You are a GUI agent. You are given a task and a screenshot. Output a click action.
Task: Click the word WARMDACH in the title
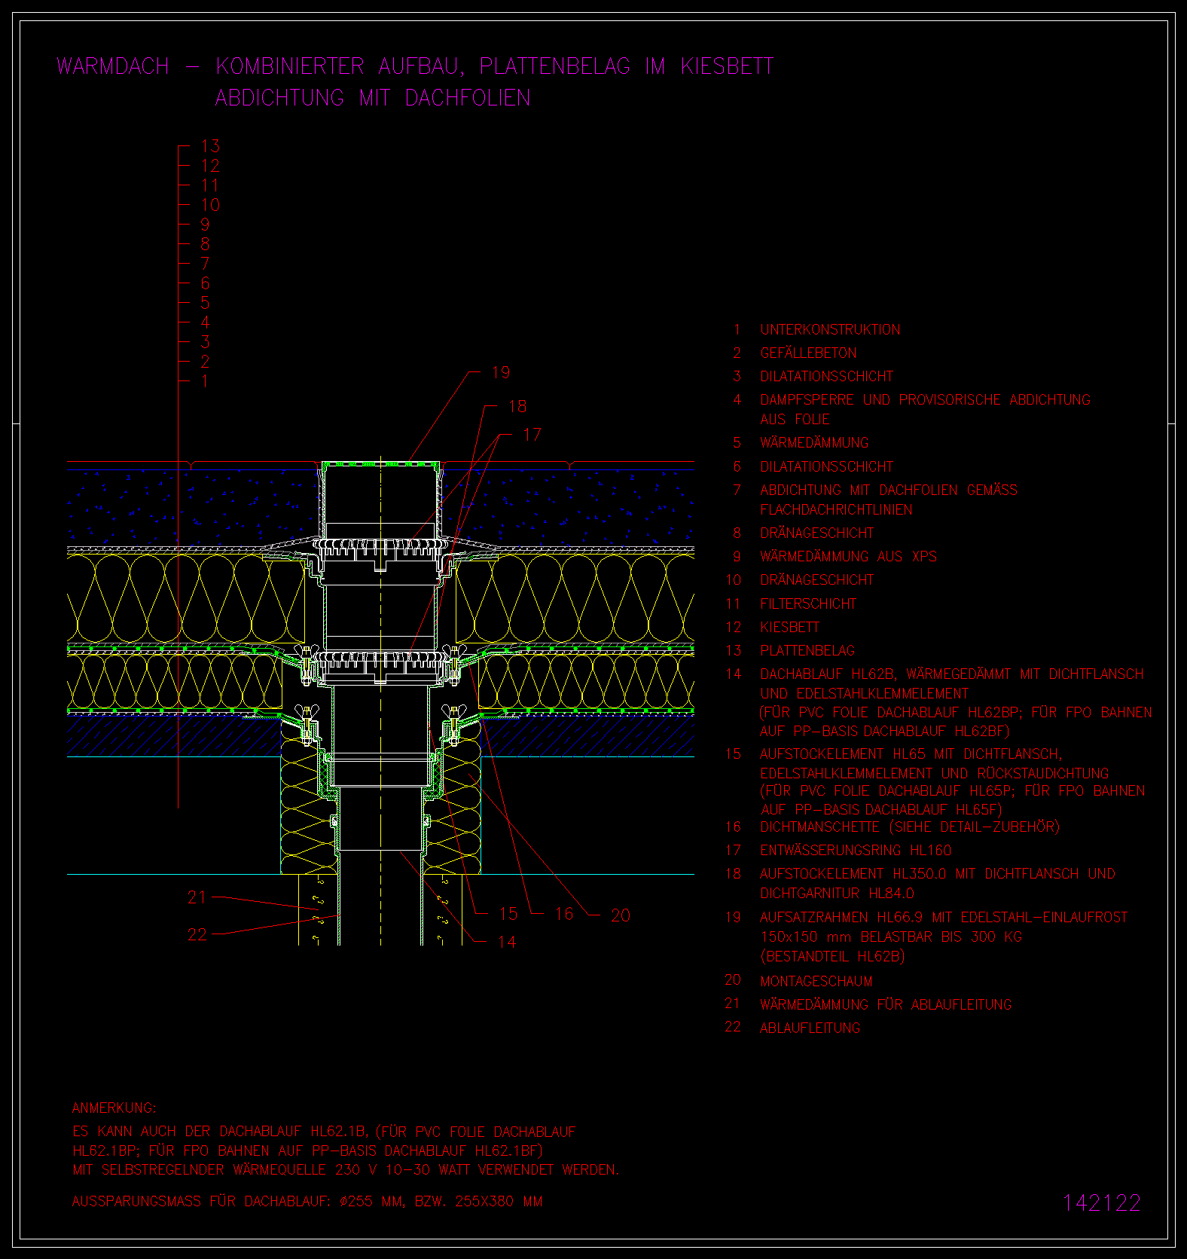point(113,66)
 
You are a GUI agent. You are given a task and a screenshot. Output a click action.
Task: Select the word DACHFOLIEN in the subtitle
point(468,98)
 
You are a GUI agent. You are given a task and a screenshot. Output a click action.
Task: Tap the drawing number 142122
point(1102,1202)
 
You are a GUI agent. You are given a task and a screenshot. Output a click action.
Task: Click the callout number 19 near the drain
point(501,372)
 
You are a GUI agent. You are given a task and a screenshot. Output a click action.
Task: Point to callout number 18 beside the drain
point(517,407)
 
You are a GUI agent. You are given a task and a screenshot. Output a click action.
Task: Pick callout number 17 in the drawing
point(532,435)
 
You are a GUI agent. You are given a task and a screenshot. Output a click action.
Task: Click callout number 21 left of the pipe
point(197,897)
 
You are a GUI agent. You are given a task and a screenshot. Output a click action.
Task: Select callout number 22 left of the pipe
point(197,934)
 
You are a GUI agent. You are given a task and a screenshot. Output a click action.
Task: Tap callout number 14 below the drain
point(507,942)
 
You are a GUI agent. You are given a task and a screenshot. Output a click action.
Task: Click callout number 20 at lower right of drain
point(620,915)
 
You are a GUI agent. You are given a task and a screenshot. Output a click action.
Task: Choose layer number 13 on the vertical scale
point(210,146)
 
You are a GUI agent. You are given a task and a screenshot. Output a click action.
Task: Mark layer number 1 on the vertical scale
point(205,381)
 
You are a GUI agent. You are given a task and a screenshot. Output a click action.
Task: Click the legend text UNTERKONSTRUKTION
point(830,329)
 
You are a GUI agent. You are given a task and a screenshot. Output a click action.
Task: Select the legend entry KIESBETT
point(789,627)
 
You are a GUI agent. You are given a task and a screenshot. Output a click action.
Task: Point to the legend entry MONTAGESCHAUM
point(816,981)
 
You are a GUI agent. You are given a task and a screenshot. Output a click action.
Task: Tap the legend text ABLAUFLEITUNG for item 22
point(810,1028)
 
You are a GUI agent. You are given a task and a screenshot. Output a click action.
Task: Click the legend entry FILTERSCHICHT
point(808,604)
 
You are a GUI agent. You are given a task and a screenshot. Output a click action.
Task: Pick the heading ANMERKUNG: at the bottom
point(114,1108)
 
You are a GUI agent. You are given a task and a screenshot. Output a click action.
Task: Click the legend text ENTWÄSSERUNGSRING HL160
point(856,851)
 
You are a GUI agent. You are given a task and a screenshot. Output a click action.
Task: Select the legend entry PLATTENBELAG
point(807,650)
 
